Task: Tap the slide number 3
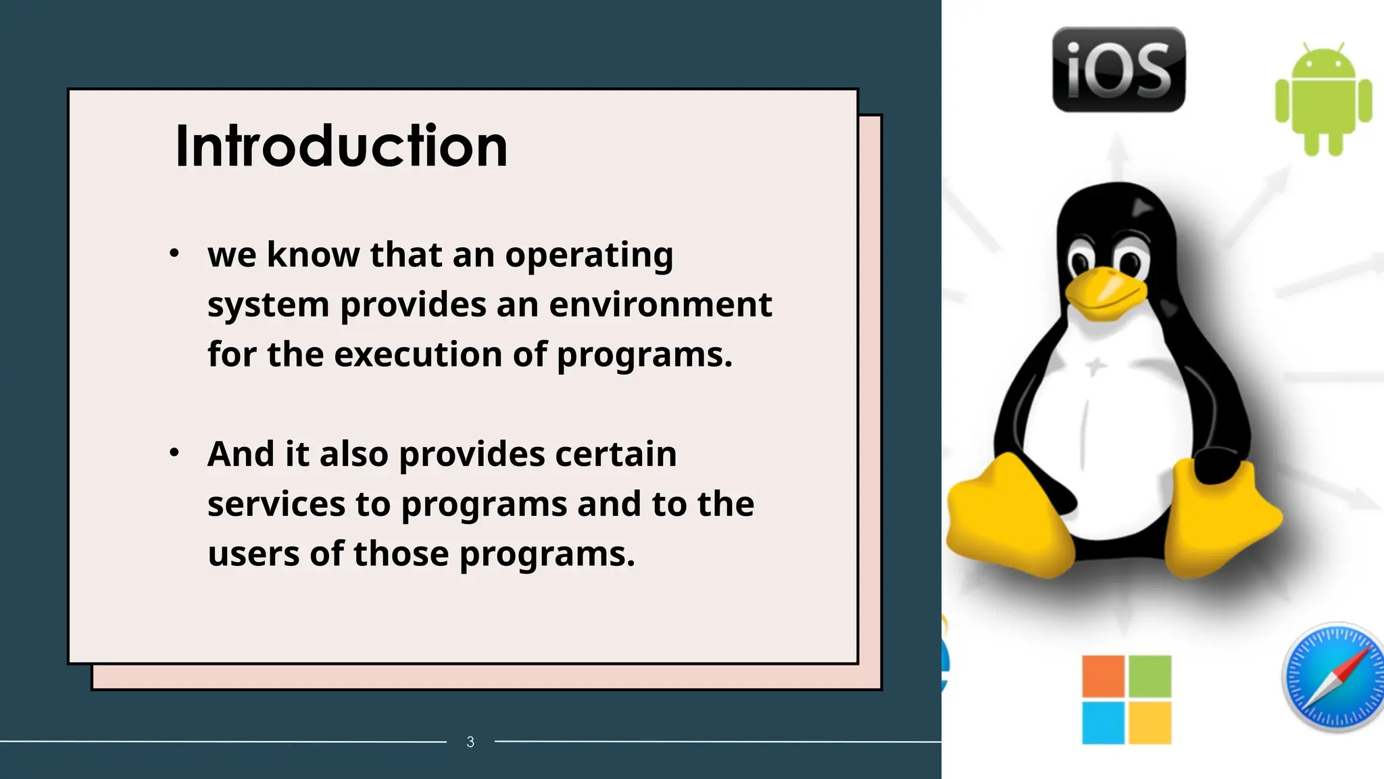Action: point(470,742)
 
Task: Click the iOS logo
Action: point(1118,70)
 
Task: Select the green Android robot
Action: point(1323,99)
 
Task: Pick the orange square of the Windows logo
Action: point(1103,676)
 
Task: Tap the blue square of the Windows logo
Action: point(1103,722)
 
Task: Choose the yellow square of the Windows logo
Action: point(1150,722)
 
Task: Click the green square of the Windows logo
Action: point(1150,676)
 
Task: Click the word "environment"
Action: point(660,304)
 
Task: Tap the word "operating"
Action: point(589,256)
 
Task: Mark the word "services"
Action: point(276,504)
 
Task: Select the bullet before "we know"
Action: point(174,254)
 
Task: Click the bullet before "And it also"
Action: point(174,452)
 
